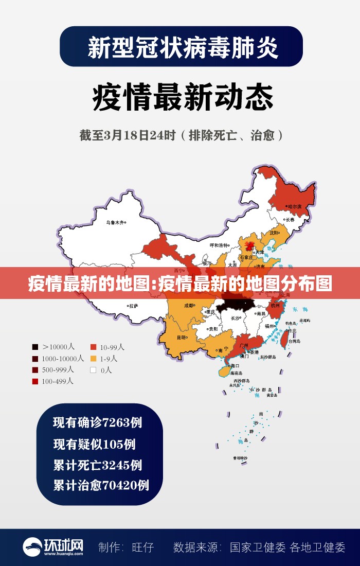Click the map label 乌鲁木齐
[115, 223]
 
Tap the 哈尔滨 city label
[295, 206]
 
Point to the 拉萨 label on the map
[133, 306]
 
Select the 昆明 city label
[182, 338]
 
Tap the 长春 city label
[291, 219]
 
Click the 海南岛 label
[236, 373]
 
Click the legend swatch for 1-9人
[94, 358]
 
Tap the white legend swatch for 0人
[94, 369]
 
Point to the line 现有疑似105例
[94, 444]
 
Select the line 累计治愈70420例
[101, 485]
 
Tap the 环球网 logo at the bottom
[52, 546]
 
